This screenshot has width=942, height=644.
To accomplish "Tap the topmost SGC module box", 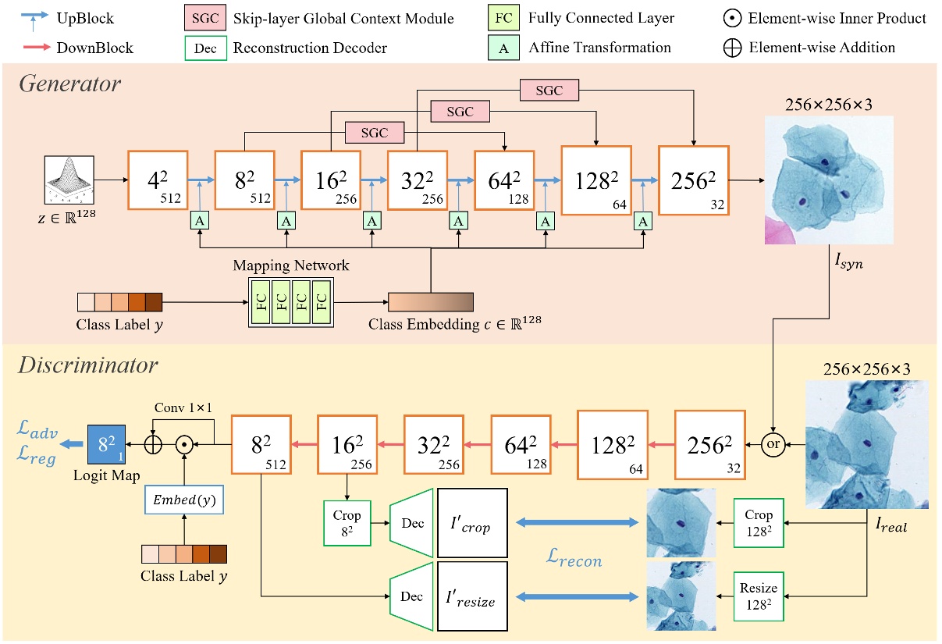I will coord(549,91).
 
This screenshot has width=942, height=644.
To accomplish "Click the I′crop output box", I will coord(472,521).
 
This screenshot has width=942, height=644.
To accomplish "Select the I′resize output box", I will coord(472,597).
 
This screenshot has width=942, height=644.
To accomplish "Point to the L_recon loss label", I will coord(575,560).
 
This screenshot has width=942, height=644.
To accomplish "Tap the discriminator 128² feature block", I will coord(607,444).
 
